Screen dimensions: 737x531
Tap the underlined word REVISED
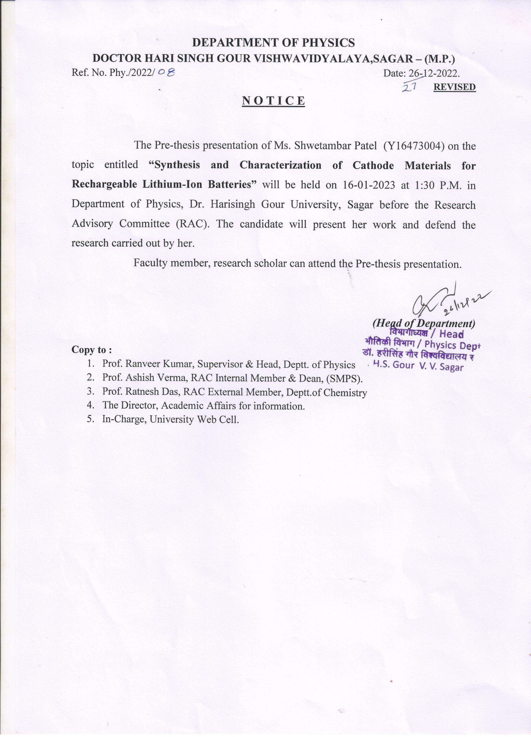point(454,87)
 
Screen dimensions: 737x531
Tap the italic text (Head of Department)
point(424,323)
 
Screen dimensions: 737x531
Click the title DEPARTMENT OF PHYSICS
point(273,43)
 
